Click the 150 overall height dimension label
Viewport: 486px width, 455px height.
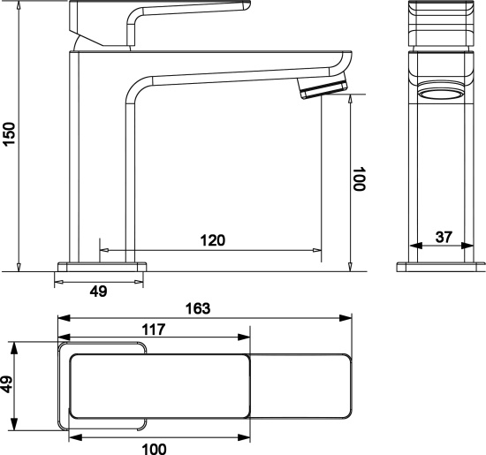pyautogui.click(x=9, y=134)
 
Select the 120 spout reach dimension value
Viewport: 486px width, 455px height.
pyautogui.click(x=213, y=240)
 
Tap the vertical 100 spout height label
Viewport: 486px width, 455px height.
pyautogui.click(x=360, y=178)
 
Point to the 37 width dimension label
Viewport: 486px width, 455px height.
pyautogui.click(x=444, y=237)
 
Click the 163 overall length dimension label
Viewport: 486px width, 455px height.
pyautogui.click(x=198, y=308)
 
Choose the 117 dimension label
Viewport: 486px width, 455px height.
pyautogui.click(x=154, y=330)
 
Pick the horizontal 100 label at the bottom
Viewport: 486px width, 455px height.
pyautogui.click(x=154, y=449)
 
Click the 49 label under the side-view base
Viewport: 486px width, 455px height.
pyautogui.click(x=99, y=292)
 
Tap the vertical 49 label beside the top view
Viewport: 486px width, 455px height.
pyautogui.click(x=7, y=384)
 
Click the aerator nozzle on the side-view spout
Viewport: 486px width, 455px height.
pyautogui.click(x=322, y=87)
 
